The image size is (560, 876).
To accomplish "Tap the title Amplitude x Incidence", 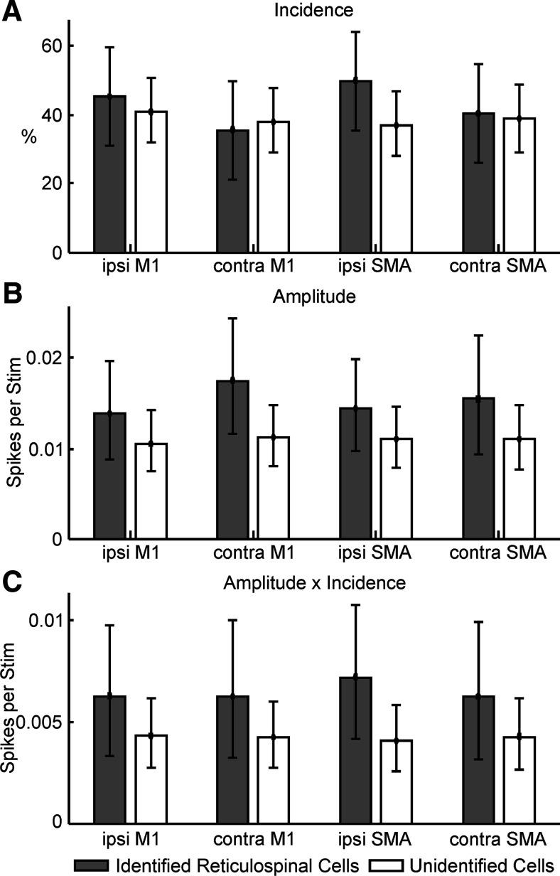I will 314,583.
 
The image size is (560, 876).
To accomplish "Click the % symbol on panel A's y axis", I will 29,137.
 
